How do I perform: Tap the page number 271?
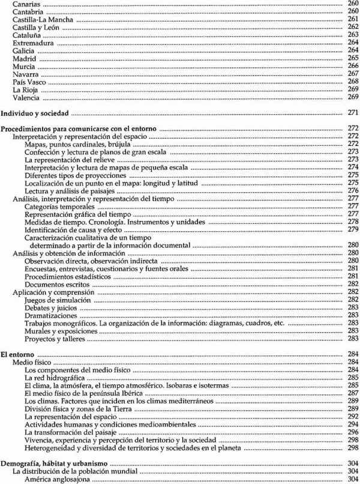click(x=353, y=113)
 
